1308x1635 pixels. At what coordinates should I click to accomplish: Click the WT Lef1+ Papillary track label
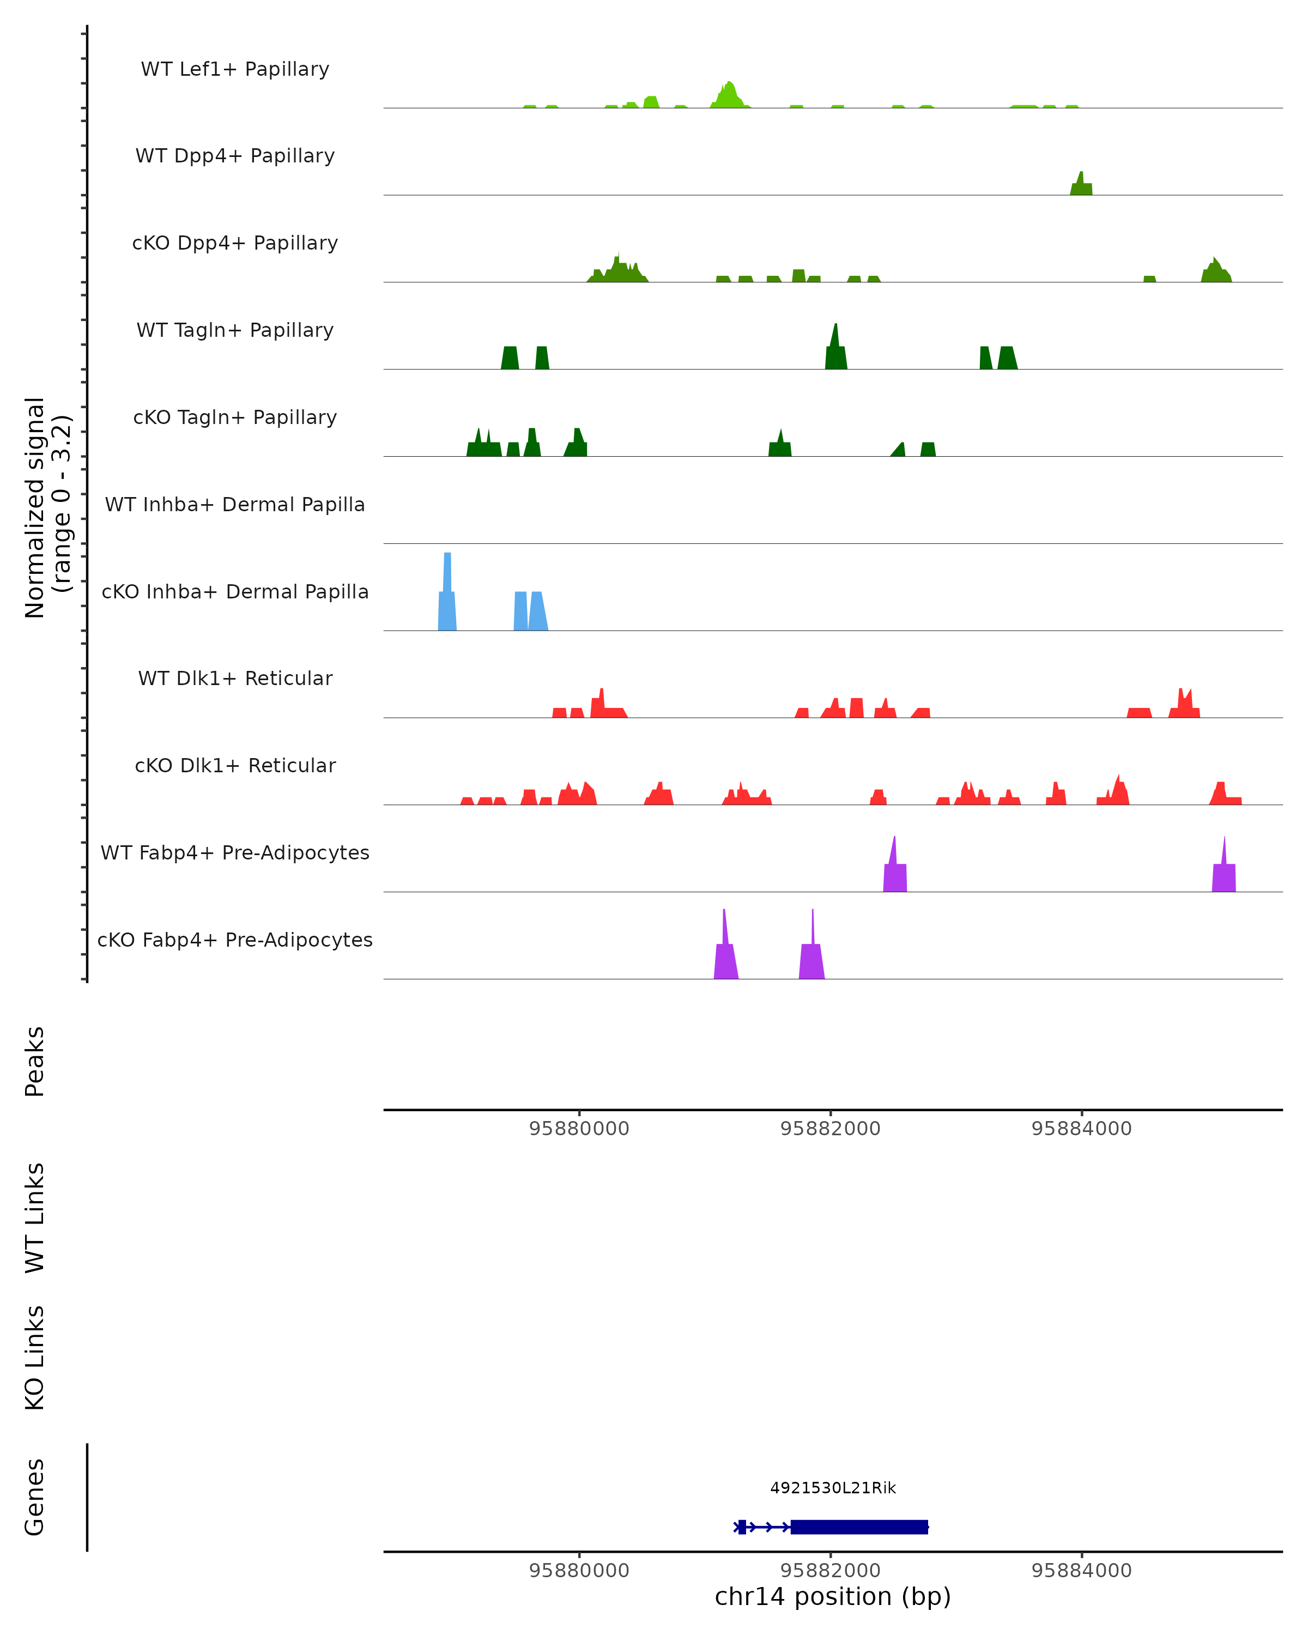[x=235, y=69]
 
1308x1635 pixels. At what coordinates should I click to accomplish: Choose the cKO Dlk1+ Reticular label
[x=235, y=766]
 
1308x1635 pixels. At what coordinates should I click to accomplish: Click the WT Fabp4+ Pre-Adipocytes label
[x=235, y=852]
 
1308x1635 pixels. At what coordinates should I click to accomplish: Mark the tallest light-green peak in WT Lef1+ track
[x=729, y=95]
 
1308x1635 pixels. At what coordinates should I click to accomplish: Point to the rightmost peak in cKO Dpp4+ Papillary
[x=1215, y=271]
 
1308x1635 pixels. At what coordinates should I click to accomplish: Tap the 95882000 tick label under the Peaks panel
[x=830, y=1129]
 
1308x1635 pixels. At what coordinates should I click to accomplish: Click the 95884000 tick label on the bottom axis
[x=1081, y=1571]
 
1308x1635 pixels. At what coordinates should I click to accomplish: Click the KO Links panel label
[x=35, y=1358]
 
